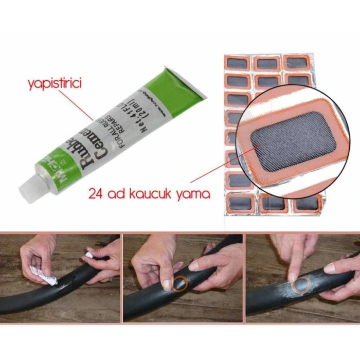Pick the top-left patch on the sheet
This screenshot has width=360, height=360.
tap(238, 64)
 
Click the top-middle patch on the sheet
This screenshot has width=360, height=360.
tap(267, 64)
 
